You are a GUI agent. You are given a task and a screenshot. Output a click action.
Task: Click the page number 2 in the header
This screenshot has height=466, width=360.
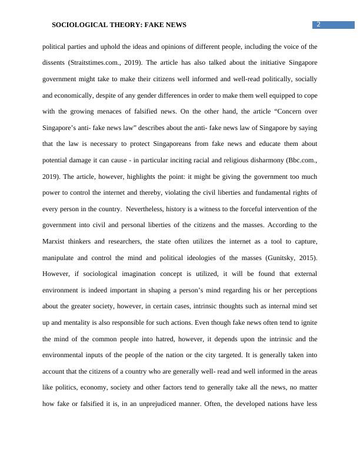click(318, 24)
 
